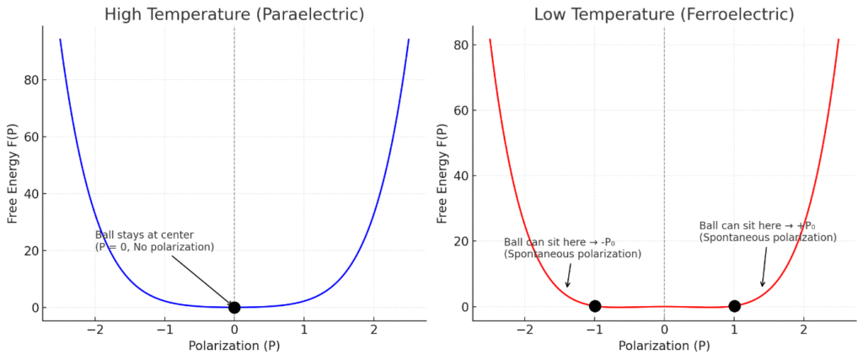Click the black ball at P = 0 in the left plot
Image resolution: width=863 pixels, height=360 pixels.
(x=234, y=308)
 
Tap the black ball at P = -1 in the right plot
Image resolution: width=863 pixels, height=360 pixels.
(x=595, y=306)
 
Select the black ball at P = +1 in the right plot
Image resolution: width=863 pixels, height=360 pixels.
(x=734, y=306)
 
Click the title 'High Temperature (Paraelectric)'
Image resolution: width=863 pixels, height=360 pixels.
(x=233, y=14)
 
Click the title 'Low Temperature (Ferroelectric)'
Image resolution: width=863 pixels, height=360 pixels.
(x=664, y=14)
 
